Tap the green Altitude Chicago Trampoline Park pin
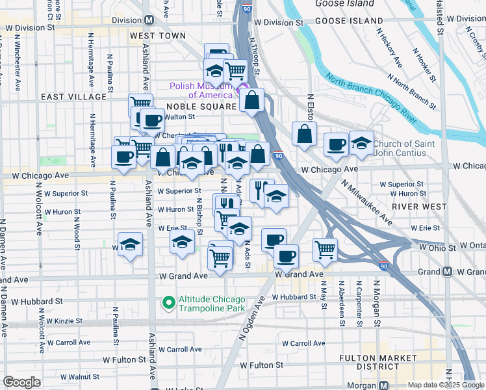[168, 302]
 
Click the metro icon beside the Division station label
[149, 20]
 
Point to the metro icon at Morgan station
[384, 385]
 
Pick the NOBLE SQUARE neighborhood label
[201, 106]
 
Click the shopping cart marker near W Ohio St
[325, 250]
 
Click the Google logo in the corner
[21, 382]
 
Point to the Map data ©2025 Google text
[444, 385]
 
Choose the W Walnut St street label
[70, 376]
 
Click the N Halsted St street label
[441, 19]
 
